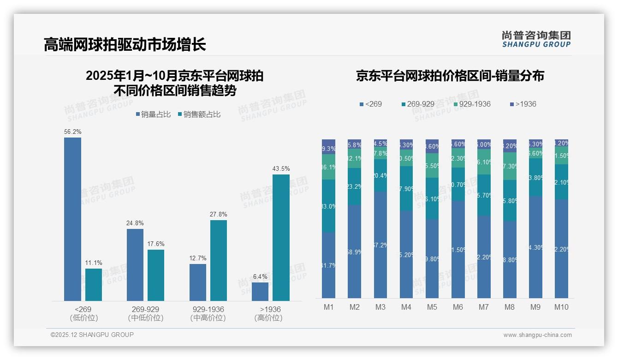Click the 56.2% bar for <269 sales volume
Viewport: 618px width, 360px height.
coord(72,219)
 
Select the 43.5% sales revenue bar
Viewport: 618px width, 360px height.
coord(281,238)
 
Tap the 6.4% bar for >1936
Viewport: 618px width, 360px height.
coord(260,292)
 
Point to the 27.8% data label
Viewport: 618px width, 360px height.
coord(218,215)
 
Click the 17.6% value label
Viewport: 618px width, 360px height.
coord(156,244)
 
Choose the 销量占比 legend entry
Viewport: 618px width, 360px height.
coord(153,114)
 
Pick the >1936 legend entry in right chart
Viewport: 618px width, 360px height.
coord(523,104)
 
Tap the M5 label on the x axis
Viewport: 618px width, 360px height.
coord(432,307)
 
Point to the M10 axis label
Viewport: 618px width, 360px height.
coord(561,307)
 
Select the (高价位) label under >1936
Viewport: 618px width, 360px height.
coord(268,318)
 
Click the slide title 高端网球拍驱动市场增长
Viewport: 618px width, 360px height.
coord(125,44)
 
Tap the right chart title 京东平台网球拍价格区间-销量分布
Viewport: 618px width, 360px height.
coord(450,76)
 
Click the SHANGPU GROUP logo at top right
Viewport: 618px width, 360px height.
coord(536,39)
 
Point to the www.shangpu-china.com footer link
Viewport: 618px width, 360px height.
coord(537,335)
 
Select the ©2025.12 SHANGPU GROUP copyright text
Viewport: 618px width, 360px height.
coord(92,335)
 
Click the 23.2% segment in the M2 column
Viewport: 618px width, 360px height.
coord(355,186)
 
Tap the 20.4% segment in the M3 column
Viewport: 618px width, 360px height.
coord(380,175)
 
